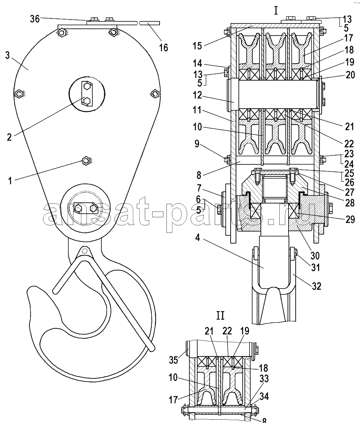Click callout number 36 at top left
[x=35, y=19]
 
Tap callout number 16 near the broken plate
[x=163, y=48]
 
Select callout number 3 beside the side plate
[x=7, y=55]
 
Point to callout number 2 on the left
[x=9, y=137]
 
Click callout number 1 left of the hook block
[x=10, y=181]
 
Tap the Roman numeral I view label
[x=276, y=11]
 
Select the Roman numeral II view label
[x=220, y=316]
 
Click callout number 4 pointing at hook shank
[x=197, y=237]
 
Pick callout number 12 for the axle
[x=197, y=95]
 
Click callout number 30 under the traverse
[x=315, y=255]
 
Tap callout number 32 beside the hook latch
[x=317, y=286]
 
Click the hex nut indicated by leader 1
[x=86, y=160]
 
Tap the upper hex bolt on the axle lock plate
[x=87, y=86]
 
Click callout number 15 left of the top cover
[x=197, y=46]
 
